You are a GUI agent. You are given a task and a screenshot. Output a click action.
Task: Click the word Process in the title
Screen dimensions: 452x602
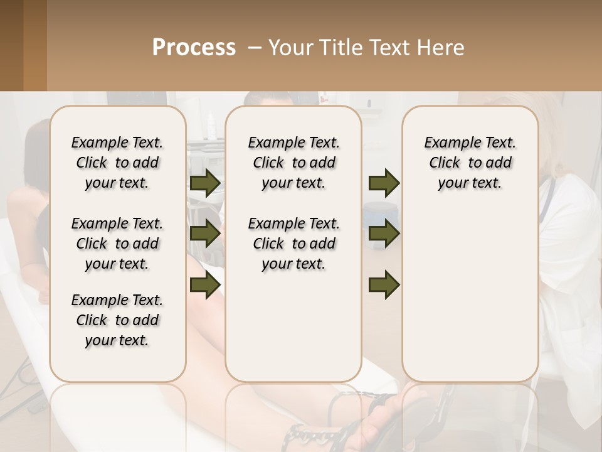pyautogui.click(x=194, y=48)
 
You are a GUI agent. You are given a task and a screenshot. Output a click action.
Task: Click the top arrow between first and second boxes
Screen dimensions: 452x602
pyautogui.click(x=205, y=183)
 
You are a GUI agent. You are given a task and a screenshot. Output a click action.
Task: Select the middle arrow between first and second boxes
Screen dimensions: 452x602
pyautogui.click(x=205, y=234)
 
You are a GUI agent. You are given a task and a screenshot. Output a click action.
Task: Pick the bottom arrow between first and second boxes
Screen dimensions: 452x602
pyautogui.click(x=205, y=284)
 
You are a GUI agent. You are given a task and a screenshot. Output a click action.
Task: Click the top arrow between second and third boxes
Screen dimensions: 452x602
pyautogui.click(x=384, y=183)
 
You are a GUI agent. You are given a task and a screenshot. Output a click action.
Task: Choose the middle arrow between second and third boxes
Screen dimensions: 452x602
pyautogui.click(x=384, y=234)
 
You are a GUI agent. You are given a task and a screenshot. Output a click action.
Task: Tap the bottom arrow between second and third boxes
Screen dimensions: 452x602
pyautogui.click(x=384, y=284)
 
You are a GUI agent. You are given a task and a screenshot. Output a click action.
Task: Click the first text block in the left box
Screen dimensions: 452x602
pyautogui.click(x=117, y=163)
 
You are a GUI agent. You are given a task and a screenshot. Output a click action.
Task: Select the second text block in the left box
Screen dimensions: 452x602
pyautogui.click(x=117, y=244)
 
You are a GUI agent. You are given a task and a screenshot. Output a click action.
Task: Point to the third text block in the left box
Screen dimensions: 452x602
pyautogui.click(x=117, y=320)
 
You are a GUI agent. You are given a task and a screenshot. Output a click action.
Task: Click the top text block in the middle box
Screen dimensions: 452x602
pyautogui.click(x=293, y=163)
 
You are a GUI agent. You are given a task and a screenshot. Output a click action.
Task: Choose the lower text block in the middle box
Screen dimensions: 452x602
pyautogui.click(x=293, y=244)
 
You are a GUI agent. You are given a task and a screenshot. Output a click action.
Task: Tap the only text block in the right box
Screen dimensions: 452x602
pyautogui.click(x=470, y=163)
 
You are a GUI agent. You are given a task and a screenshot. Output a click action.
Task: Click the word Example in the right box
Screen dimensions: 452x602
pyautogui.click(x=446, y=143)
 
